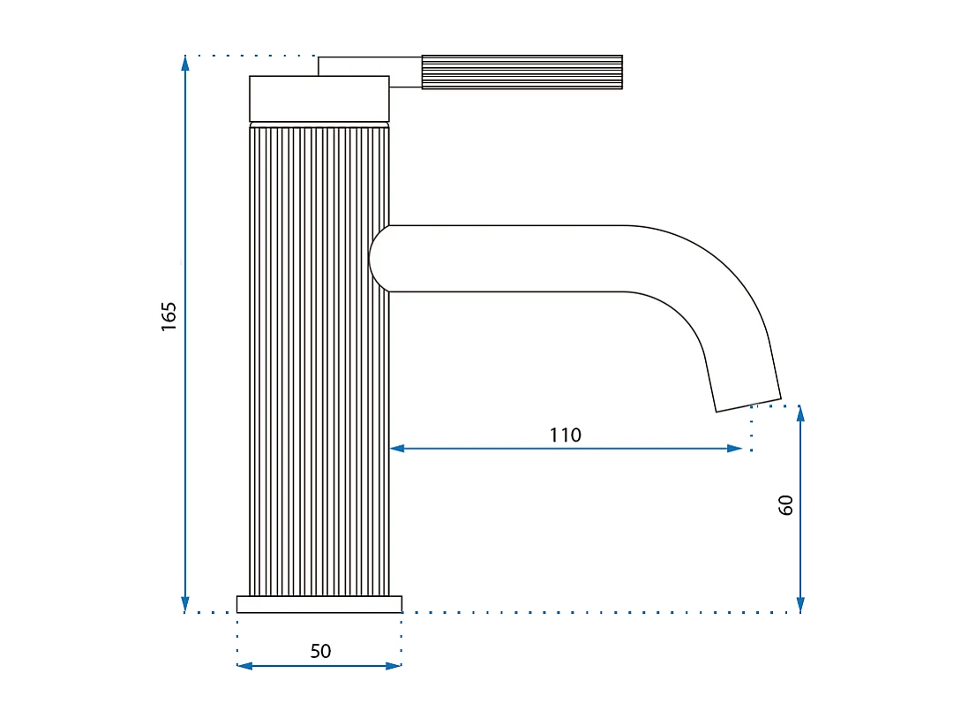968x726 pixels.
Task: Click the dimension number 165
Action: click(x=169, y=316)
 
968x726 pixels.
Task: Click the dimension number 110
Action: click(x=565, y=435)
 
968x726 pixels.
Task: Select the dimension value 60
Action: click(x=786, y=504)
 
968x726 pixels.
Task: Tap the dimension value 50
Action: click(x=320, y=651)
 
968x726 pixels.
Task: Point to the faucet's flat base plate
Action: click(x=319, y=604)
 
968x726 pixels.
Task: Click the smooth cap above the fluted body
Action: click(x=319, y=98)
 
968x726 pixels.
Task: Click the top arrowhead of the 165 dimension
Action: click(x=185, y=63)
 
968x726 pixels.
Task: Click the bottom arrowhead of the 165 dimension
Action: click(x=185, y=605)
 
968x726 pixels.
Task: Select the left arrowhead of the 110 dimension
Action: click(x=397, y=449)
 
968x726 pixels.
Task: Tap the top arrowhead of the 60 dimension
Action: click(x=800, y=412)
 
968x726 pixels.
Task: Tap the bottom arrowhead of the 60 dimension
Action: click(x=800, y=605)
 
